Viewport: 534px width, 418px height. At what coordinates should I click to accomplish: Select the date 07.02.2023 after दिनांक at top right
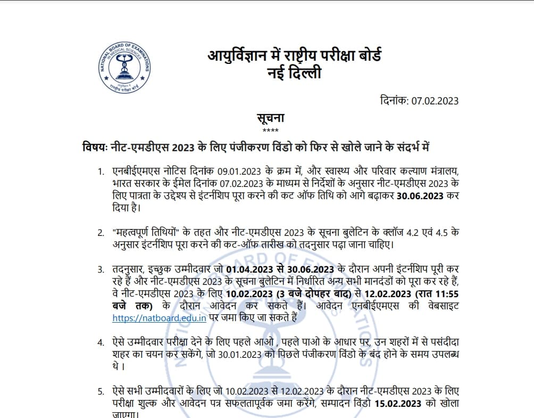[x=435, y=101]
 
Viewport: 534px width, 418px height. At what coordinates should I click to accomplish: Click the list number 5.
[x=101, y=391]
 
